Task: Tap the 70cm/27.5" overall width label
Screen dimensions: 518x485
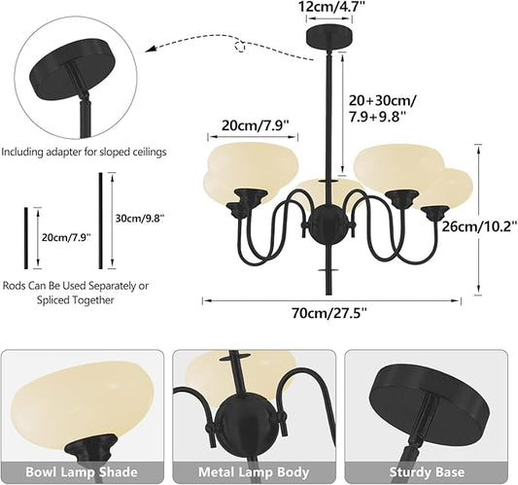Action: click(329, 312)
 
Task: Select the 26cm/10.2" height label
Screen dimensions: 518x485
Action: click(480, 226)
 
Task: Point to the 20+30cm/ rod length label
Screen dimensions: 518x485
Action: click(383, 100)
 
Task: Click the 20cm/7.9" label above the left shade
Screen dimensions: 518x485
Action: click(256, 125)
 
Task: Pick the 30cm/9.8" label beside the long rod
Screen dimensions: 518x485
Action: click(140, 218)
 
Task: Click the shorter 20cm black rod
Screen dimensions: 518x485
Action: click(26, 238)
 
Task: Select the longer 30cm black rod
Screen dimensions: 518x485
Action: click(101, 221)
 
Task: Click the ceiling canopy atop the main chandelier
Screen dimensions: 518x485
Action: click(329, 37)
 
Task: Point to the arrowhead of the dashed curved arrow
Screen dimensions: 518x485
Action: click(151, 50)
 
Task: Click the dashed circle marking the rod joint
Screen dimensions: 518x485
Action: click(240, 47)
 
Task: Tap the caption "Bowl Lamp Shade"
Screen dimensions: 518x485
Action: click(82, 471)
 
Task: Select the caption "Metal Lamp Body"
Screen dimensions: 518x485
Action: click(254, 471)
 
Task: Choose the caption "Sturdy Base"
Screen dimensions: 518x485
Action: click(427, 471)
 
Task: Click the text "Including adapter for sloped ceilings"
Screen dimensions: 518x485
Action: click(84, 152)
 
